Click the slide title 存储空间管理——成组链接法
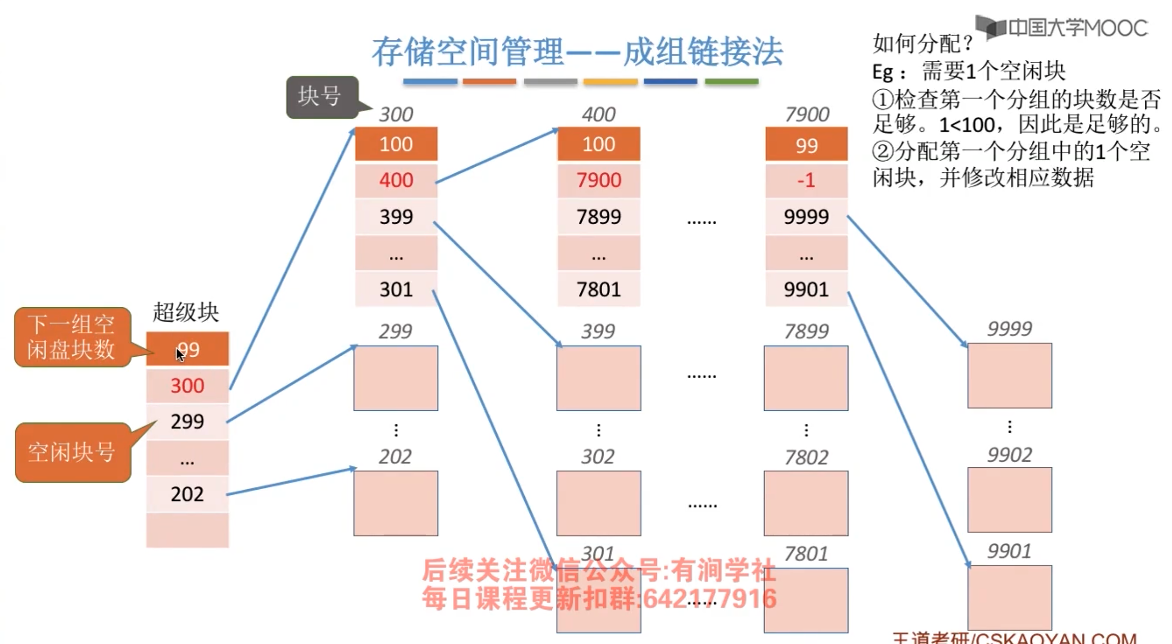577,52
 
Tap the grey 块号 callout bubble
321,96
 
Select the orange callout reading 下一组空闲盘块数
71,337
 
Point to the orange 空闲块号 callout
71,452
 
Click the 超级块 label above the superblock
185,313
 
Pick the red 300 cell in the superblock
187,386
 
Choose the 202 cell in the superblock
187,494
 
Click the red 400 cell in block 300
396,180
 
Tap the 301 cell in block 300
396,289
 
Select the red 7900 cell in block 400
598,180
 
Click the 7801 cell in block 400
598,289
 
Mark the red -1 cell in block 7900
806,180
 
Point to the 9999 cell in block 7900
806,217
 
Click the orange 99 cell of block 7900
806,145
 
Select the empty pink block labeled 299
395,378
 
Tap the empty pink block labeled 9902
1009,500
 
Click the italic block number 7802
806,457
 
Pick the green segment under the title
731,82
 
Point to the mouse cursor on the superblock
180,354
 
